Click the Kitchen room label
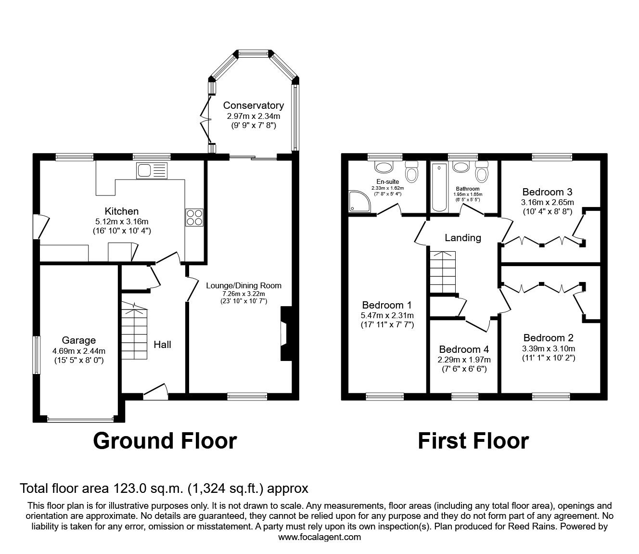(122, 211)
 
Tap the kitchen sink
(152, 170)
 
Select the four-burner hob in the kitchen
(194, 217)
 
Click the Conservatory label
(253, 105)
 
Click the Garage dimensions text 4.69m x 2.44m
(79, 350)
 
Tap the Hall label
(163, 344)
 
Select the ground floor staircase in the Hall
(134, 332)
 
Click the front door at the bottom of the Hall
(155, 392)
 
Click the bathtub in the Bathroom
(439, 188)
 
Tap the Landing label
(462, 238)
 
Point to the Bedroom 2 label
(548, 338)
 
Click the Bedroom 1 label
(387, 305)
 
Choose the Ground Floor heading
(165, 440)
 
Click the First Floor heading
(473, 440)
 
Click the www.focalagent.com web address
(319, 537)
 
